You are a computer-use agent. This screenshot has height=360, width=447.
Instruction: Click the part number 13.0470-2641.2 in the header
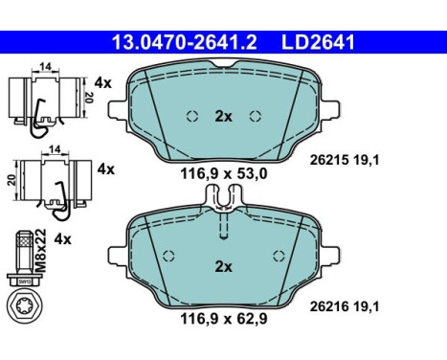pyautogui.click(x=185, y=42)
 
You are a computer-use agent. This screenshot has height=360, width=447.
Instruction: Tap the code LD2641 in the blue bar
pyautogui.click(x=318, y=42)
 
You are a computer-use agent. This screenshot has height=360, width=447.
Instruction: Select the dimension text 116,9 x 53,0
pyautogui.click(x=224, y=174)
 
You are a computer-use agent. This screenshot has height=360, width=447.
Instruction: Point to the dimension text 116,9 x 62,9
pyautogui.click(x=224, y=319)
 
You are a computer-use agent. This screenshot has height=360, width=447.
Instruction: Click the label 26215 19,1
pyautogui.click(x=345, y=160)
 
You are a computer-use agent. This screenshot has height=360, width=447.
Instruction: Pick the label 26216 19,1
pyautogui.click(x=345, y=306)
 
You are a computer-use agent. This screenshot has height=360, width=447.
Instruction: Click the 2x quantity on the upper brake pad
pyautogui.click(x=223, y=117)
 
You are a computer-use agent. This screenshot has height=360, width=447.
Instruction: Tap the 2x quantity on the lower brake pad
pyautogui.click(x=223, y=266)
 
